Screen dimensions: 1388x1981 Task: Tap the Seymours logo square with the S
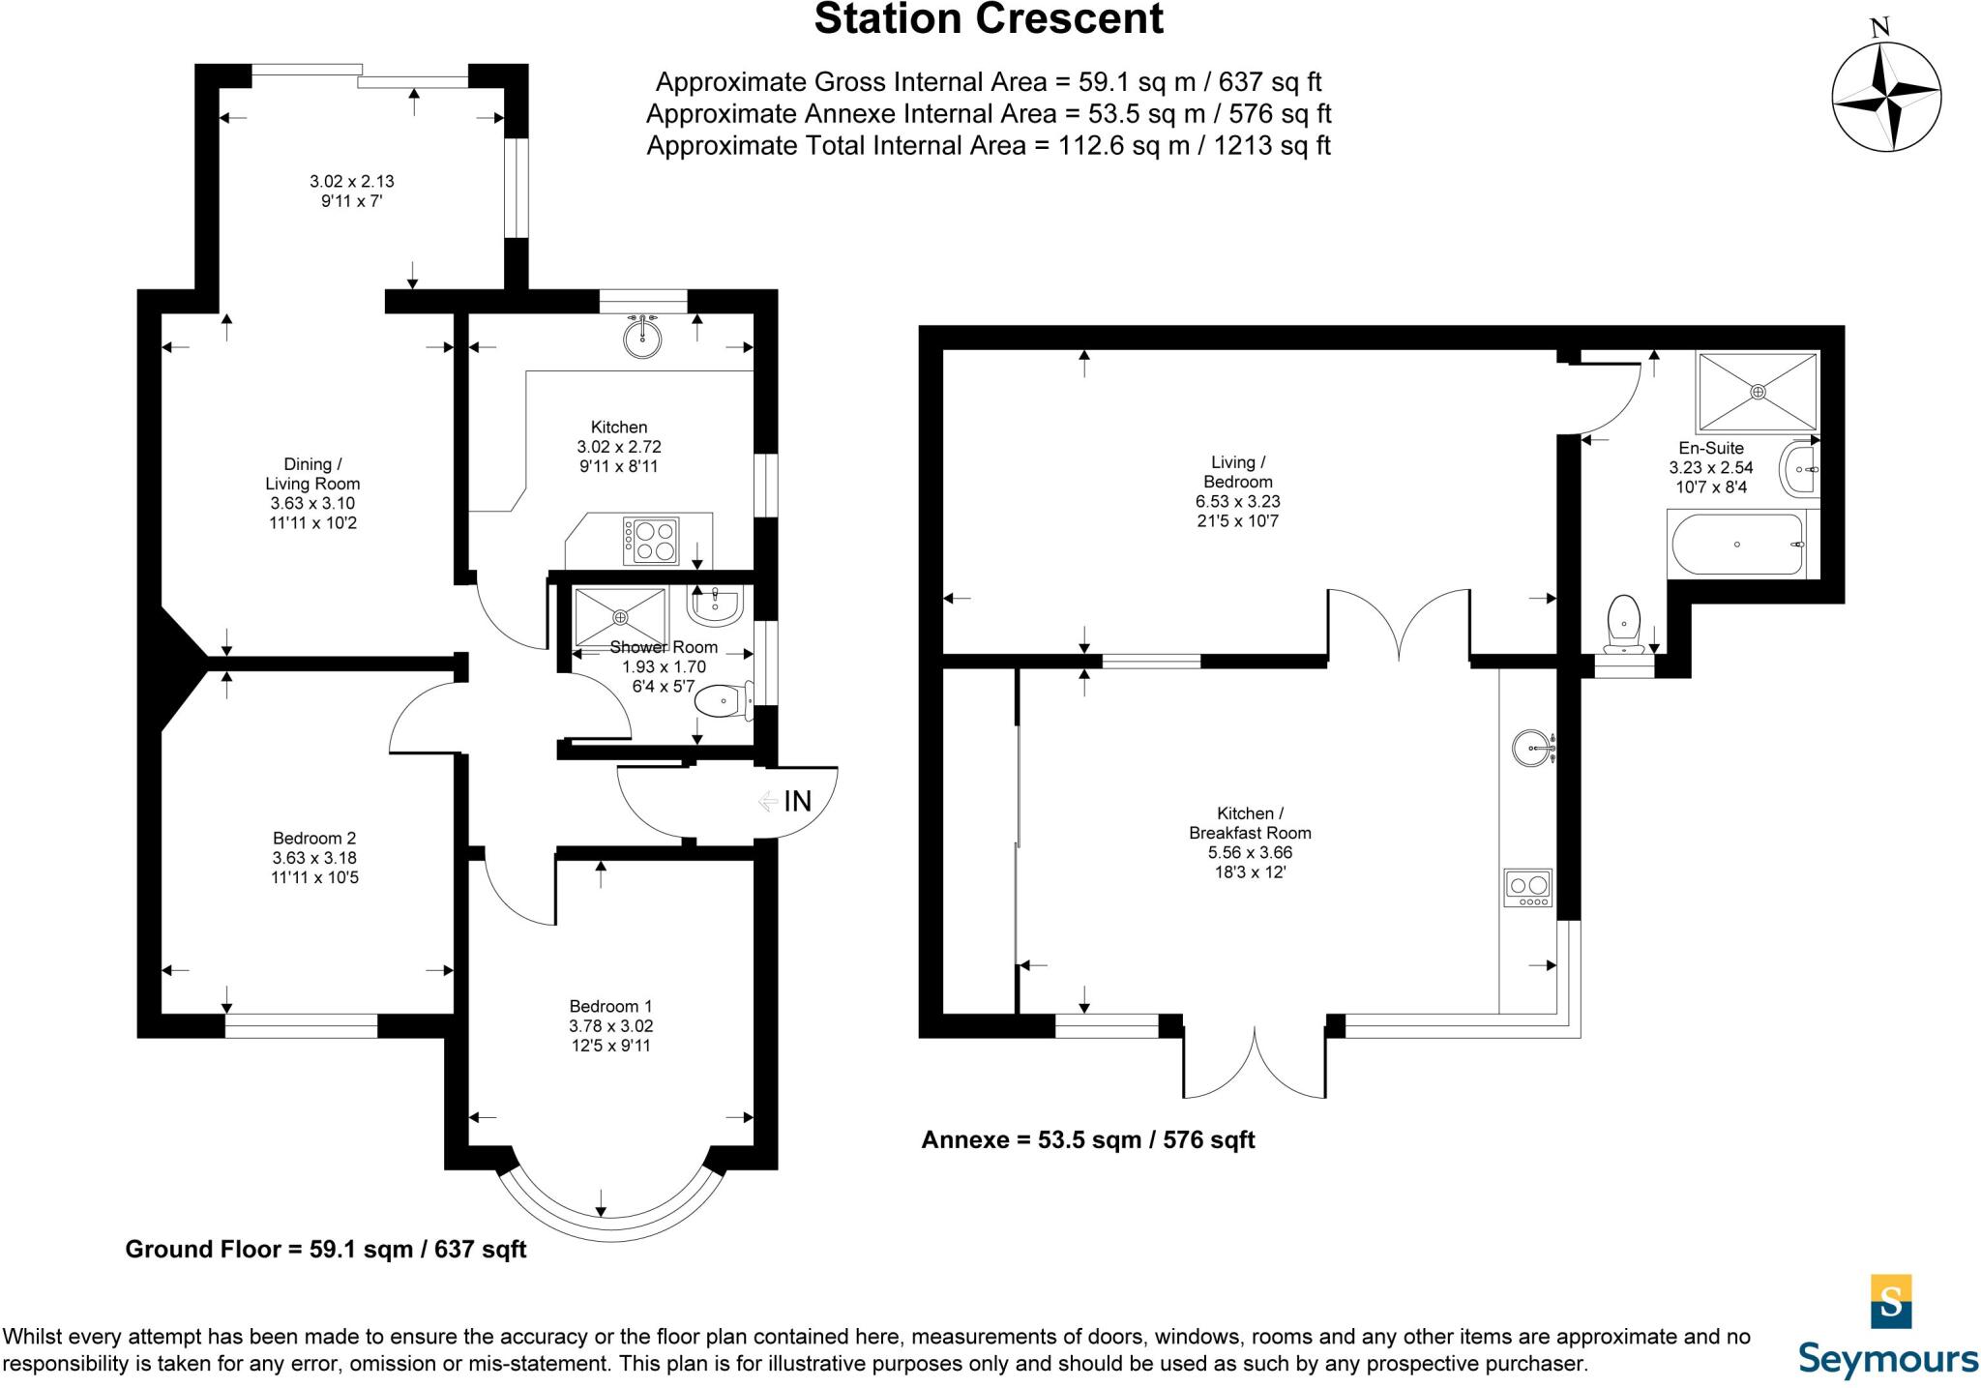pyautogui.click(x=1891, y=1301)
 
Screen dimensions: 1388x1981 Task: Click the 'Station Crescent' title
pyautogui.click(x=989, y=19)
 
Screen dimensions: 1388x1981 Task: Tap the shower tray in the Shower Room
pyautogui.click(x=620, y=616)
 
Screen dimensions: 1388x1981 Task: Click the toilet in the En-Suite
pyautogui.click(x=1623, y=624)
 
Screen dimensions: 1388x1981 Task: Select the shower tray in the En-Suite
pyautogui.click(x=1758, y=392)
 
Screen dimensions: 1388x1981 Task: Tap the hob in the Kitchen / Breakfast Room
pyautogui.click(x=1528, y=888)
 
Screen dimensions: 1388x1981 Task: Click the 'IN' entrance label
pyautogui.click(x=797, y=801)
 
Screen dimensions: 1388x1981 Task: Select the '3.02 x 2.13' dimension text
pyautogui.click(x=352, y=181)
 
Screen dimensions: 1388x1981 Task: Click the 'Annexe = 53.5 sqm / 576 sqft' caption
pyautogui.click(x=1087, y=1139)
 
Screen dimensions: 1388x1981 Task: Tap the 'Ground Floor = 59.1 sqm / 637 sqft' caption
pyautogui.click(x=326, y=1249)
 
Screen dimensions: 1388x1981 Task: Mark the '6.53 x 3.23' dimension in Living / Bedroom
pyautogui.click(x=1238, y=502)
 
